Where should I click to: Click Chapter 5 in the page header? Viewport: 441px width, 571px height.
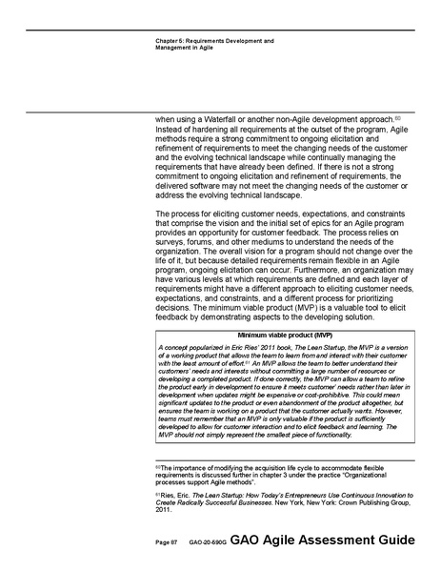pyautogui.click(x=170, y=41)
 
